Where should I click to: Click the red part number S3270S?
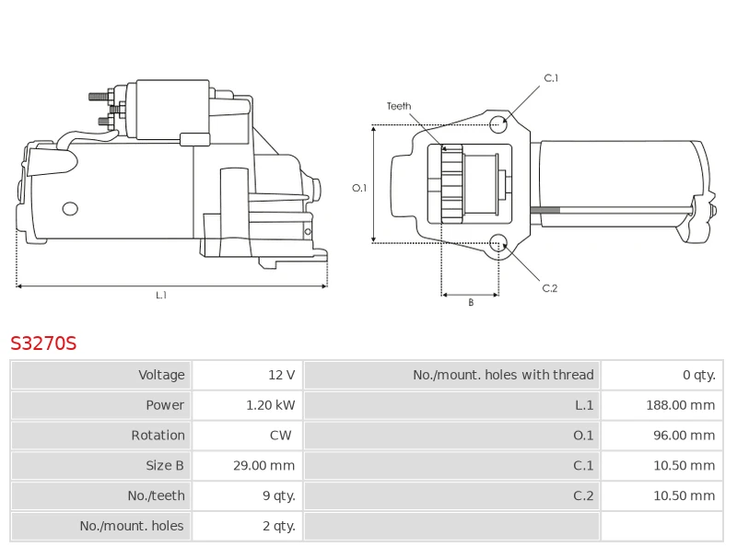(43, 343)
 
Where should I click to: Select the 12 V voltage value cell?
(281, 375)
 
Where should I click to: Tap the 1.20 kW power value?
(271, 405)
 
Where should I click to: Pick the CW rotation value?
(281, 436)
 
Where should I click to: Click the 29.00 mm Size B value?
(263, 466)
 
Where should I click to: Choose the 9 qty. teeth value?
(278, 496)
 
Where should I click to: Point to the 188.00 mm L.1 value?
(683, 405)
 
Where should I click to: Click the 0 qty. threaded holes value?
(698, 375)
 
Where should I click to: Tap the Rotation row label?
(158, 436)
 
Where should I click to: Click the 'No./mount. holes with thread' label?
(503, 375)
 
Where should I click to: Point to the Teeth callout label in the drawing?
(399, 106)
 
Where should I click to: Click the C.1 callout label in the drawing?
(551, 78)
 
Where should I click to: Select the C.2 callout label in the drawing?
(550, 288)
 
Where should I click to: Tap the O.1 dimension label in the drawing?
(359, 188)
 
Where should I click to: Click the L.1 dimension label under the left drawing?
(161, 296)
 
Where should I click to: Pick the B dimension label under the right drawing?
(470, 302)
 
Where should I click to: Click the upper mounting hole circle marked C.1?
(498, 124)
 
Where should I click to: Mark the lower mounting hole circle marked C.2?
(498, 243)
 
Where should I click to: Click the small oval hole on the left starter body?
(70, 209)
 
